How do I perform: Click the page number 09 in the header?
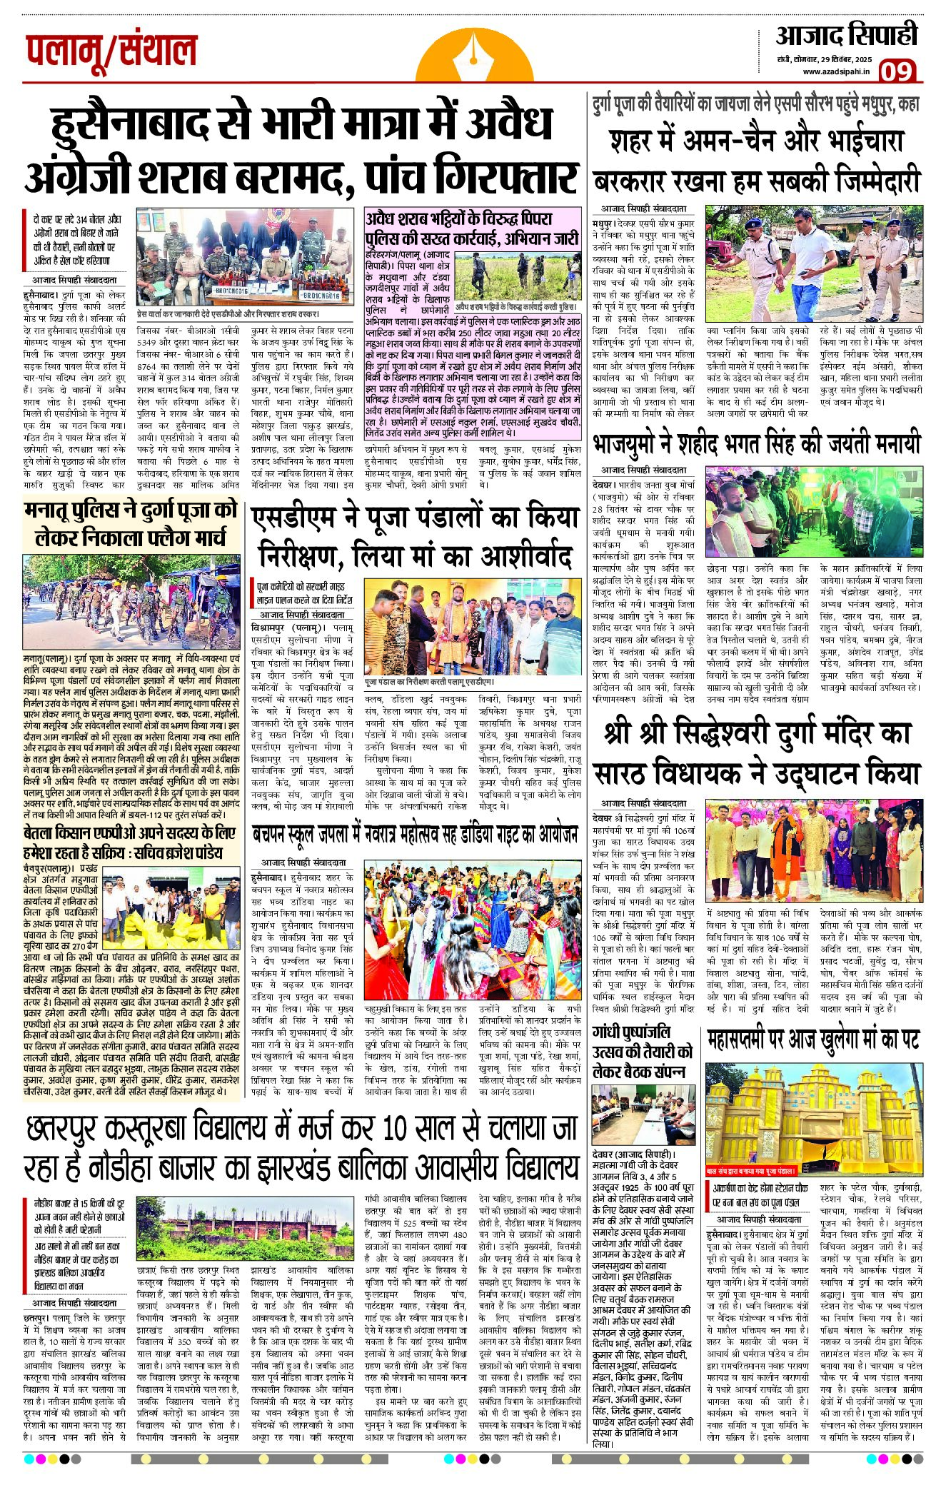[x=897, y=71]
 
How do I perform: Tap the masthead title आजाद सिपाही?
[x=846, y=35]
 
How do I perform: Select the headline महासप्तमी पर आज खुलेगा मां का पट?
[x=813, y=1040]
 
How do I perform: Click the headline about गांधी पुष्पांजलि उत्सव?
[x=642, y=1052]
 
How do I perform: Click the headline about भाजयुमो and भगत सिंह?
[x=757, y=444]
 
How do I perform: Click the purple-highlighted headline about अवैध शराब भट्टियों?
[x=471, y=226]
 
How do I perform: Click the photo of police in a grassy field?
[x=517, y=276]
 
